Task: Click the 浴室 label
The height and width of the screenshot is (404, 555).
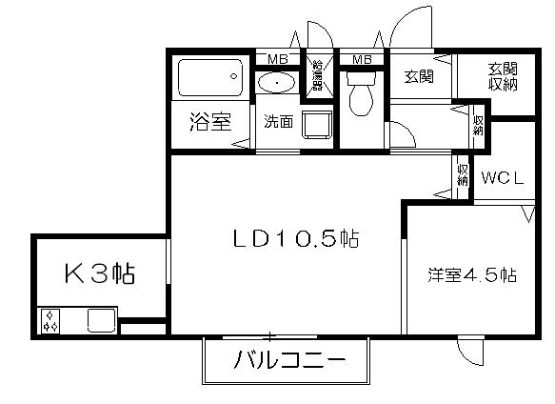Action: pos(210,122)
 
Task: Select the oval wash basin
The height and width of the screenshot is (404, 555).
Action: pos(277,83)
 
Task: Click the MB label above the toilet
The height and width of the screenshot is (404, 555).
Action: pos(362,60)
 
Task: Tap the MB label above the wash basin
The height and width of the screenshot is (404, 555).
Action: pos(277,60)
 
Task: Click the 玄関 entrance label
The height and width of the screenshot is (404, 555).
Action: pos(419,76)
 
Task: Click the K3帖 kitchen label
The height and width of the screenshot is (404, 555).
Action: pos(98,274)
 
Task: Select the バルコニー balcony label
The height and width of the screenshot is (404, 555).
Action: pos(287,362)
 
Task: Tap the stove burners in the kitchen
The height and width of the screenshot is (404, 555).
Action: pos(50,321)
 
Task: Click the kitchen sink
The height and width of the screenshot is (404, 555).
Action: pos(101,320)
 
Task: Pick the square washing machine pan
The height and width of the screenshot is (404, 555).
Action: pos(315,126)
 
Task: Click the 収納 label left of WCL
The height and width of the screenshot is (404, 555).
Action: pos(463,174)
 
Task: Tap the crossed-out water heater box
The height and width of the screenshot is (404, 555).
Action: pos(317,74)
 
